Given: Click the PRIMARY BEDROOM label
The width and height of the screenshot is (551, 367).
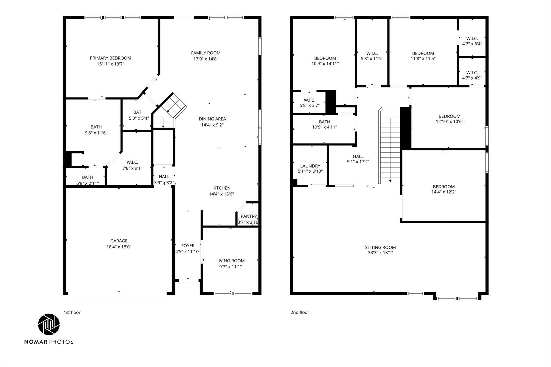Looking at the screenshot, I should point(110,58).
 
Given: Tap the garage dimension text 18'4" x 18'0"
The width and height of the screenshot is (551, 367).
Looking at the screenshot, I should point(119,247).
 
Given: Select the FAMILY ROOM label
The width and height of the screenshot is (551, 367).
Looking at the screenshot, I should point(206,53).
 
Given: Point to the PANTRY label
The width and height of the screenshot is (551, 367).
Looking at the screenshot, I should point(249,216).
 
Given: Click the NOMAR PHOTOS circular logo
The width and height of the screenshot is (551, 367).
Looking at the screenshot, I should point(49,324).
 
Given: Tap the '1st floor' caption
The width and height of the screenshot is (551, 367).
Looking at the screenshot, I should point(72,312).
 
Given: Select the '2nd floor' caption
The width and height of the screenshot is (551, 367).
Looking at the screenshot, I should point(300,312).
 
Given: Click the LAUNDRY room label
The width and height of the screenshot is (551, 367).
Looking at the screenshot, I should point(310,166).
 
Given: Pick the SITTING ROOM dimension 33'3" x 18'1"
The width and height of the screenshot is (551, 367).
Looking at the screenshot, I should point(380,253).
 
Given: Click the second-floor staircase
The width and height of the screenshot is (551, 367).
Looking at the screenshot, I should point(390,145).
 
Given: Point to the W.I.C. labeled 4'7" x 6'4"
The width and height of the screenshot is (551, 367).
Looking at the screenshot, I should point(472,41).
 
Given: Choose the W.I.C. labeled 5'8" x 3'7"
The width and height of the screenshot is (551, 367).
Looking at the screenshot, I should point(309,103).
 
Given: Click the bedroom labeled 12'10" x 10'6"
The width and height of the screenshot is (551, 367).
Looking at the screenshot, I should point(449,119).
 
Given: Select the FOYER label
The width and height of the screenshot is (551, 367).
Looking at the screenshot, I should point(188,245).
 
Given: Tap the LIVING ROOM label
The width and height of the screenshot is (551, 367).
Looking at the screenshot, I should point(230,261).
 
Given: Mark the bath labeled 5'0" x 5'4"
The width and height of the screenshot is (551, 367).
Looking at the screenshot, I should point(139,115).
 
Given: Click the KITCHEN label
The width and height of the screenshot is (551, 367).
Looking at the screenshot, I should point(221,188).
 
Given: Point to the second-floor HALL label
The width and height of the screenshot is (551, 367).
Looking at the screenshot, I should point(358,156).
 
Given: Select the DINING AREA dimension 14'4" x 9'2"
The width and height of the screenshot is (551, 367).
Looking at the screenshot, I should point(212,125).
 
